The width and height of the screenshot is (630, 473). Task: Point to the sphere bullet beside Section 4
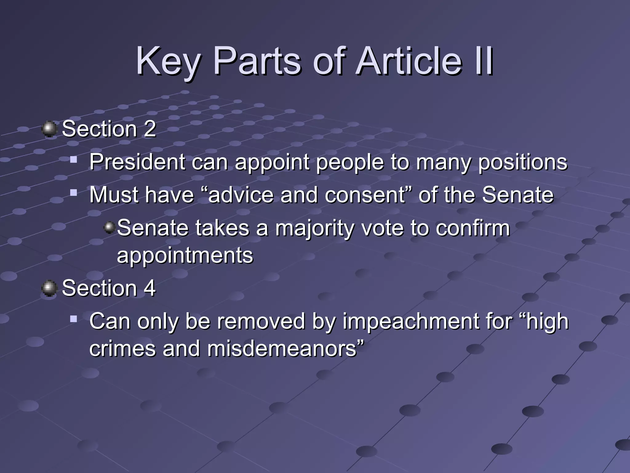tap(49, 288)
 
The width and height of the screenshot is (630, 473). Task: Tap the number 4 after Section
tap(150, 288)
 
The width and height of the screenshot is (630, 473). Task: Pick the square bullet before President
tap(73, 160)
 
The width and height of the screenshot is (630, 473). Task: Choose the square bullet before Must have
tap(73, 193)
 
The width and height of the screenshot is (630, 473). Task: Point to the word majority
tap(315, 228)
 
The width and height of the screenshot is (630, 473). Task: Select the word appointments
tap(185, 256)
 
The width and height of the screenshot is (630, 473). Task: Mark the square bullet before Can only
tap(73, 319)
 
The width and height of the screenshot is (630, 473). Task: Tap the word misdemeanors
tap(281, 349)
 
